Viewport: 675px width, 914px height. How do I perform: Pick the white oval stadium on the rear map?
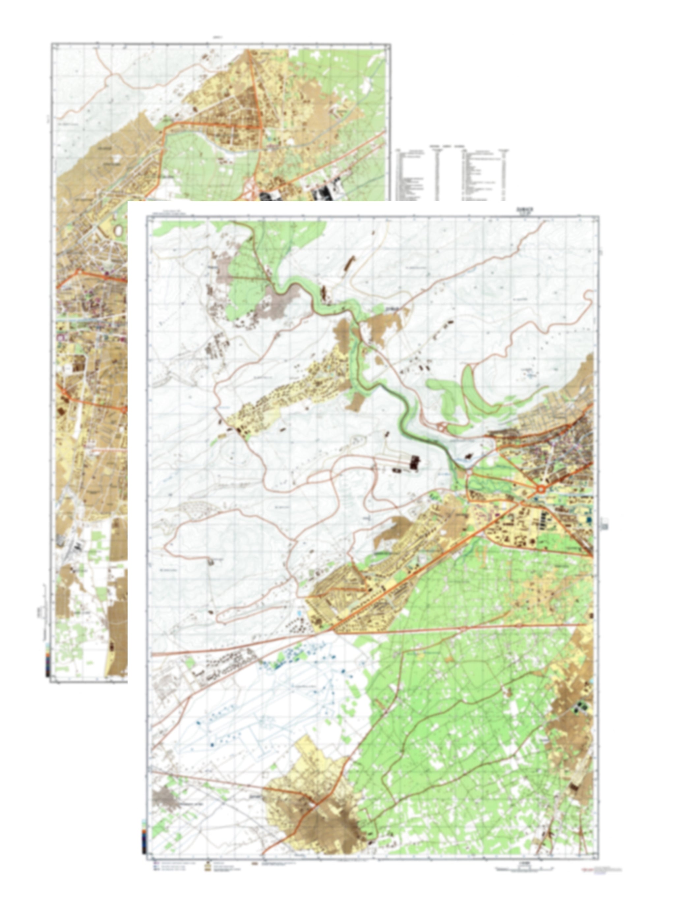pyautogui.click(x=119, y=231)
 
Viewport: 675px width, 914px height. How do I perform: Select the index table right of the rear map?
pyautogui.click(x=454, y=174)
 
